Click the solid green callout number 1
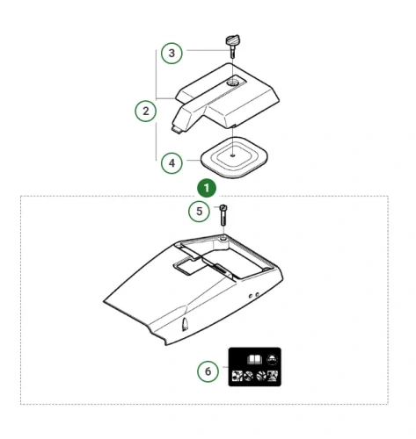(x=207, y=188)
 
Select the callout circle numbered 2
(x=146, y=112)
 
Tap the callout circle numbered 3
(x=172, y=54)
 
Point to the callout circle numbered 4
(x=172, y=163)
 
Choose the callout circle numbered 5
(x=199, y=211)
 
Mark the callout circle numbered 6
(x=208, y=371)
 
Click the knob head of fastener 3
(x=232, y=40)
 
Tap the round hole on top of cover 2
(x=233, y=83)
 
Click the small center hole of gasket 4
(x=232, y=155)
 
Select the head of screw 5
(x=223, y=208)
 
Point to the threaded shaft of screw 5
(x=223, y=219)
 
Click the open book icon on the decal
(x=254, y=359)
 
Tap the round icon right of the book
(x=273, y=359)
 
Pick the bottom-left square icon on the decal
(x=237, y=376)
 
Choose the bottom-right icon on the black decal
(x=273, y=376)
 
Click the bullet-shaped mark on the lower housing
(x=185, y=325)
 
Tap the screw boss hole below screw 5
(x=223, y=239)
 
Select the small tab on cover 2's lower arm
(x=176, y=129)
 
